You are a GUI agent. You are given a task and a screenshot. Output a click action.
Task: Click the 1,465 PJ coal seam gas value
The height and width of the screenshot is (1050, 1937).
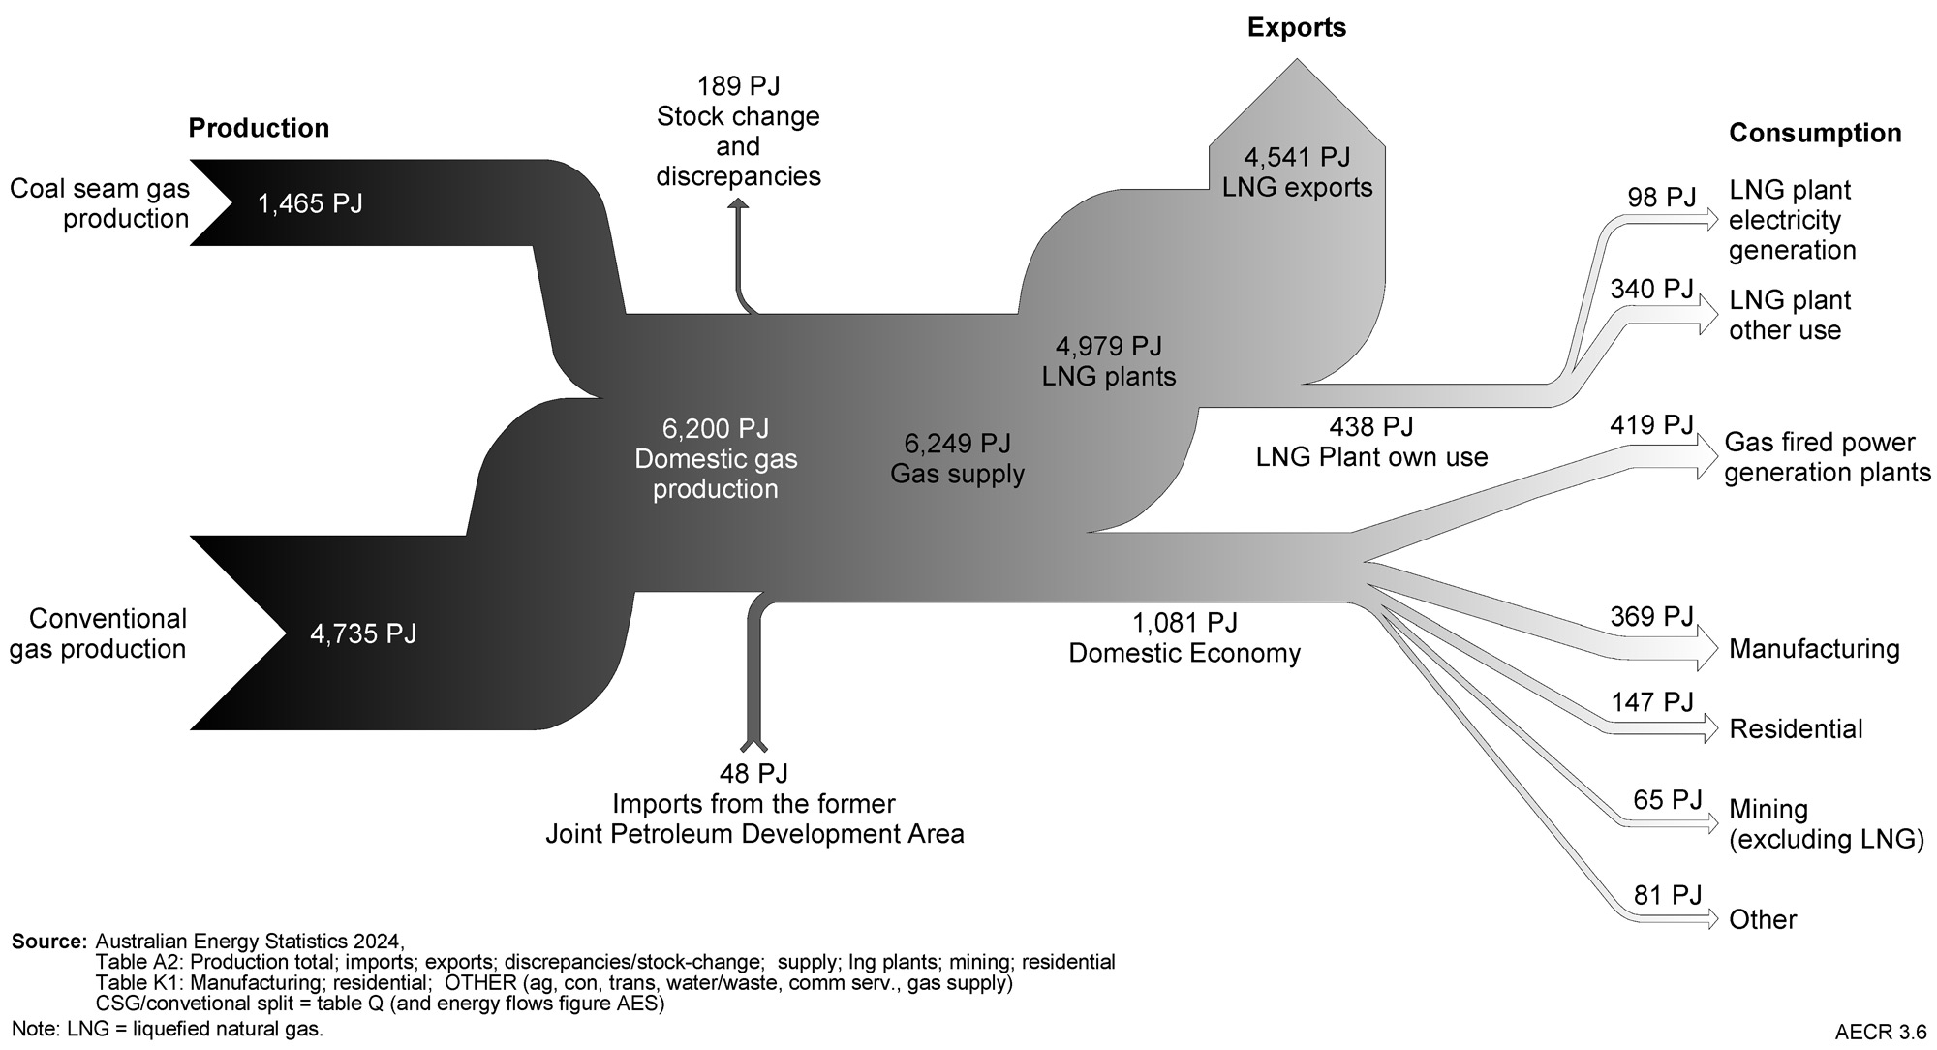310,203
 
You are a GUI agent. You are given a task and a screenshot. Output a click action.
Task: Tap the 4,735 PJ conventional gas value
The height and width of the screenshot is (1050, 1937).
363,633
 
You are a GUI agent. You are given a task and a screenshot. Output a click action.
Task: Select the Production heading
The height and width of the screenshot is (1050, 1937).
259,128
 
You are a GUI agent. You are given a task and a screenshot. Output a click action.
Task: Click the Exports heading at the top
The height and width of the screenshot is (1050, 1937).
1296,27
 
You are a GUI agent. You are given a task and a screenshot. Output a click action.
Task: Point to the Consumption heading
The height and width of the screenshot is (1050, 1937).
1815,133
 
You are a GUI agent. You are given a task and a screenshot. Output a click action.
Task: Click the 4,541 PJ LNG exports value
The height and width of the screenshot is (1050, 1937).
1297,157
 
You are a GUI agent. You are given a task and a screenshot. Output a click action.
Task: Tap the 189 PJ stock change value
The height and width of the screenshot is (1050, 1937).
738,86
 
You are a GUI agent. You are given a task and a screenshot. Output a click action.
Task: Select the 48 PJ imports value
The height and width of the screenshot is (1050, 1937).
753,773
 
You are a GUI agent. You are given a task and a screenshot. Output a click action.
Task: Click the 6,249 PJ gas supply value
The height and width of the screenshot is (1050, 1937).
957,444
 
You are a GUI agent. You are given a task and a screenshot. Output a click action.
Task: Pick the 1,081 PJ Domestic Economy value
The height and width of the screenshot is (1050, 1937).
1184,622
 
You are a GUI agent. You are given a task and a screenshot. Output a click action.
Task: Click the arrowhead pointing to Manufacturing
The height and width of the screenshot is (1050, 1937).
1706,648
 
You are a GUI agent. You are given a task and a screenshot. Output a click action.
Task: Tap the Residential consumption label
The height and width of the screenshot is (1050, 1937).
1796,728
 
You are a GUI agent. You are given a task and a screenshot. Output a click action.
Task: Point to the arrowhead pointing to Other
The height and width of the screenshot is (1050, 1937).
1710,918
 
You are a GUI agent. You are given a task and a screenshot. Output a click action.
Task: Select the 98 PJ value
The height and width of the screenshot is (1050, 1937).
1661,198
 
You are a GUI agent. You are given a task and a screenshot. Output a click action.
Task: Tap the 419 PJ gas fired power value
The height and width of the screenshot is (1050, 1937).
1651,425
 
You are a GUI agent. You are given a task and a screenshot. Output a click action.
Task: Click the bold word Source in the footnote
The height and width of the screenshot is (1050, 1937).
49,941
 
